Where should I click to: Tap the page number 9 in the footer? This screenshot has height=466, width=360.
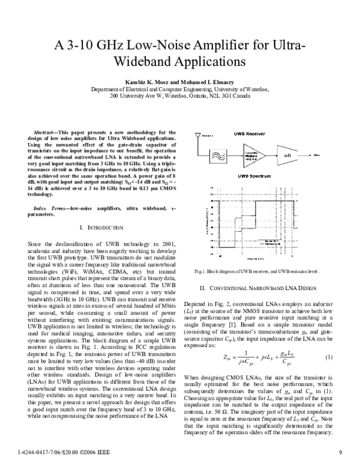(340, 451)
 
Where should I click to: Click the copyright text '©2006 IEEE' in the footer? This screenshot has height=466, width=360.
(77, 451)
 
